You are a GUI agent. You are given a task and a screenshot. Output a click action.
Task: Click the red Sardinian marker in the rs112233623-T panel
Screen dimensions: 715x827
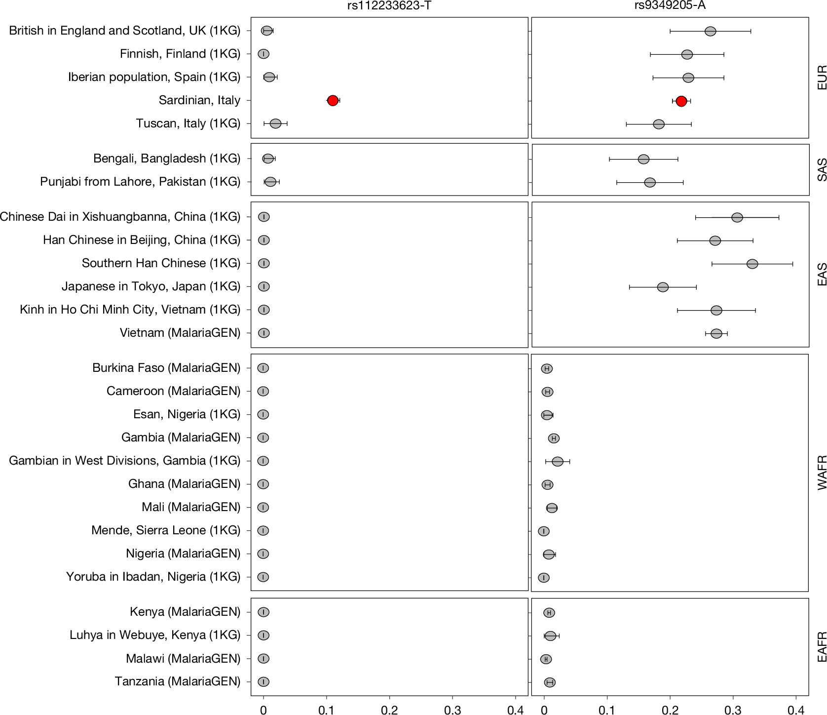333,101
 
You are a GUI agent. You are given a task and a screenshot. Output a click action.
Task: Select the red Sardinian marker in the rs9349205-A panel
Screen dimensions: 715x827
681,101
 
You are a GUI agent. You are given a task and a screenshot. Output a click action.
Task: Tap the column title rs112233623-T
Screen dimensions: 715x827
389,6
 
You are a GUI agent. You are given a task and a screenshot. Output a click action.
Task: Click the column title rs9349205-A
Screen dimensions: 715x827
670,6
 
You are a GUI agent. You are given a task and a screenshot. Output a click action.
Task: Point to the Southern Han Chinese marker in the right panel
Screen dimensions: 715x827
752,264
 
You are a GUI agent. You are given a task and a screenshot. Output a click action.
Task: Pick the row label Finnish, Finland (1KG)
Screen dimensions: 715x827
180,54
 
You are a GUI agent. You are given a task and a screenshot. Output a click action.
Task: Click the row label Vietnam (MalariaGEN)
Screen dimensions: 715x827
180,333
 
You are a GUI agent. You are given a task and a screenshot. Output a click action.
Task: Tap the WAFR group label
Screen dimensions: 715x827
822,473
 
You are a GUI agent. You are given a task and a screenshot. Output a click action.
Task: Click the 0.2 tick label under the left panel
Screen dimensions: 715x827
389,710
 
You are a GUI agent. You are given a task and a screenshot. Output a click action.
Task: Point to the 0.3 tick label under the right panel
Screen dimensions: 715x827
733,710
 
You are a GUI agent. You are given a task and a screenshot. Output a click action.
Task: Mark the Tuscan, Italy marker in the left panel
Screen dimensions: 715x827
276,123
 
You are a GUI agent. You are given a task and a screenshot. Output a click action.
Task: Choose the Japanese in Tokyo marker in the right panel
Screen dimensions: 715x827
663,287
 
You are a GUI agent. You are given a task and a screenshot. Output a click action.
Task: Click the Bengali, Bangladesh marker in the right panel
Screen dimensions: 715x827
643,159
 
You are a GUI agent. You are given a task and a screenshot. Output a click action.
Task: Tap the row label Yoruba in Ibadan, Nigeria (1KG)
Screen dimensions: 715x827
153,577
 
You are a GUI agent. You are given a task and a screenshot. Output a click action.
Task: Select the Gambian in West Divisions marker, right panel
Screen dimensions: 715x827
558,462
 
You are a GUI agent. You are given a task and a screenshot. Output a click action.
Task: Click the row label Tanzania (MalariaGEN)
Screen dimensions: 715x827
178,681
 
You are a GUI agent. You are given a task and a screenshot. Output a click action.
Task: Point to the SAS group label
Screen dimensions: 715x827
822,170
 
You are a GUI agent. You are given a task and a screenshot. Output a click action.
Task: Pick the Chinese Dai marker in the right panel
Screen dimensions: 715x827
737,218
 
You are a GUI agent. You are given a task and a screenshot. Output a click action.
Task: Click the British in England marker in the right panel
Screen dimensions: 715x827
710,32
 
